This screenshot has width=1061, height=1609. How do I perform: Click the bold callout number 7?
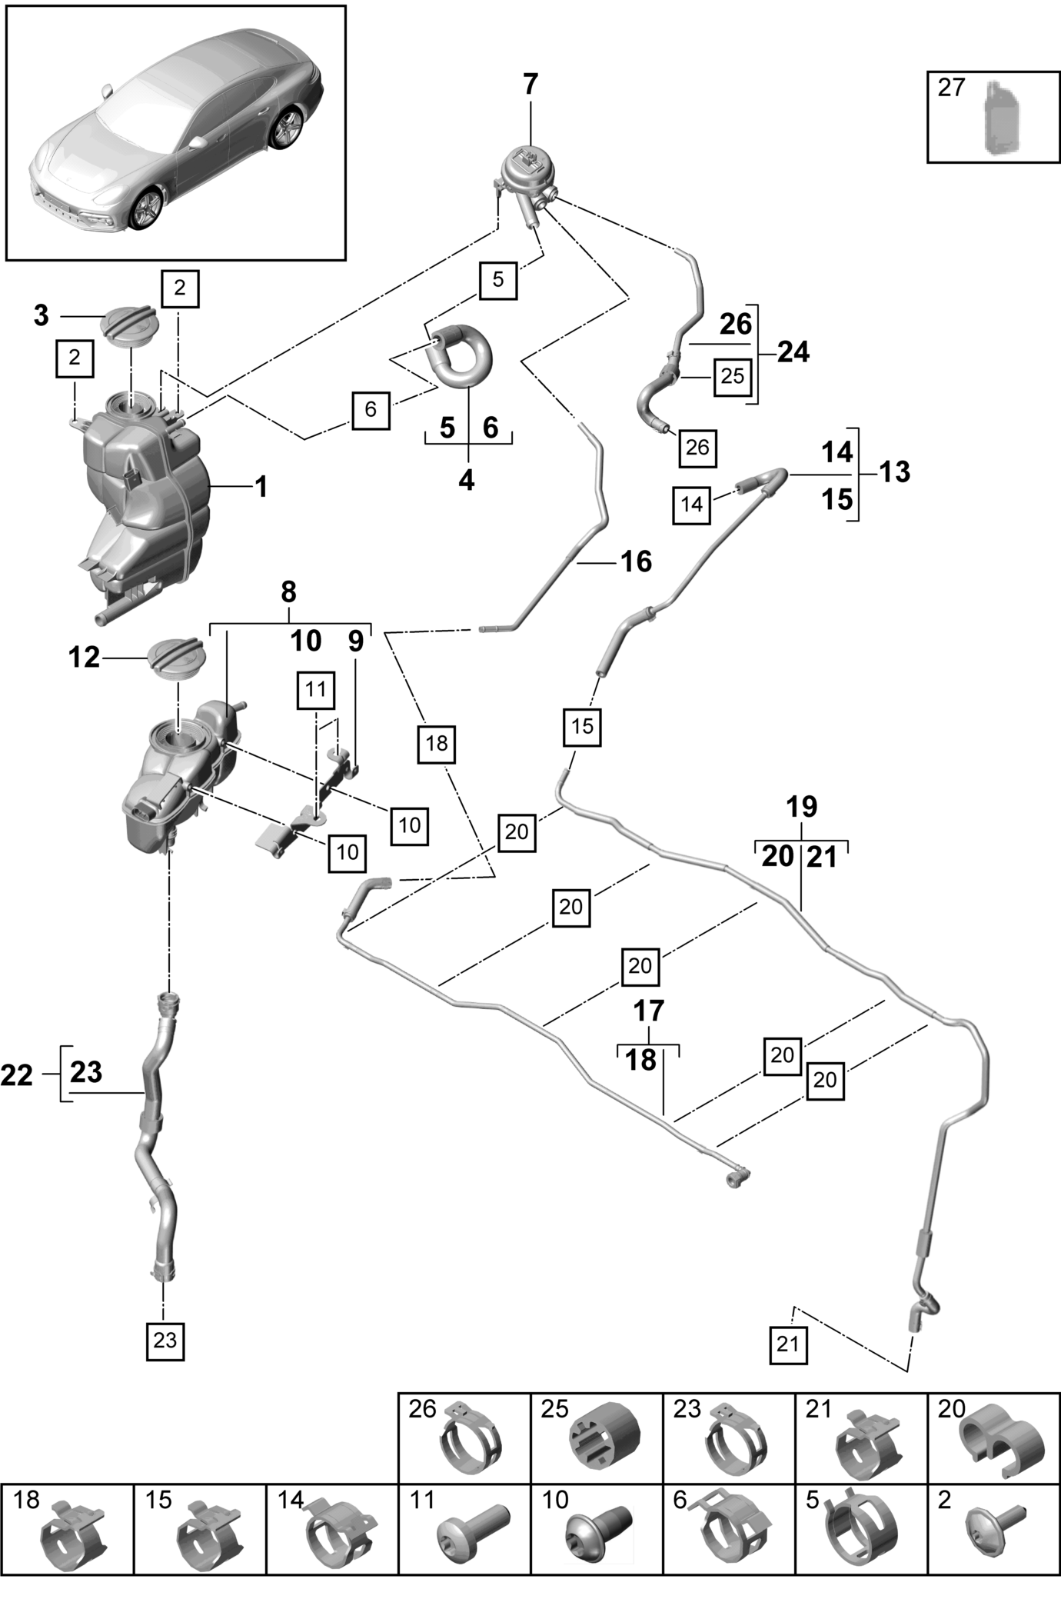coord(530,84)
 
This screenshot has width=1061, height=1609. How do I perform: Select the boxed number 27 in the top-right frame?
coord(951,87)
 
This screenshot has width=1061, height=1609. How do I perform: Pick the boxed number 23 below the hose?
coord(165,1340)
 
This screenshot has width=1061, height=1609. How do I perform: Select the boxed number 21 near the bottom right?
coord(788,1344)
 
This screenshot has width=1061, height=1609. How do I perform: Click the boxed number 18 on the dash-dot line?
coord(437,743)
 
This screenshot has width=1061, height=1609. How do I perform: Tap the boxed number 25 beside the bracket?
coord(733,376)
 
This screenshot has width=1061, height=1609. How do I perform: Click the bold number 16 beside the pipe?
coord(637,561)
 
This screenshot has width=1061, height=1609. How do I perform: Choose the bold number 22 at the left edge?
coord(17,1074)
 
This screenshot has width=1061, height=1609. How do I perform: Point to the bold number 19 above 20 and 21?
coord(801,807)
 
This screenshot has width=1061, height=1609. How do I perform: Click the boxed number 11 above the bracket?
coord(316,689)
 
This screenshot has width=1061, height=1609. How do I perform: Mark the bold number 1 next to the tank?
coord(261,487)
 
